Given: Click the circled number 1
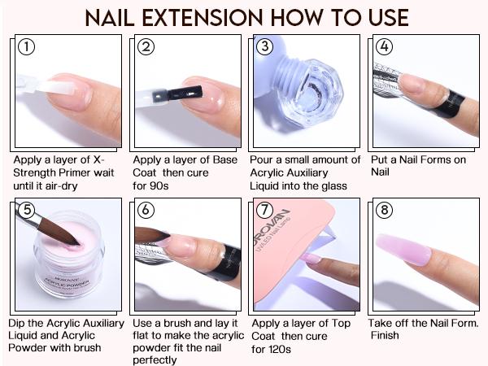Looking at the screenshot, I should pyautogui.click(x=29, y=47).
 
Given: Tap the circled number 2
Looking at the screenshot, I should pyautogui.click(x=146, y=47).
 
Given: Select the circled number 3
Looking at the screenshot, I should pyautogui.click(x=264, y=47).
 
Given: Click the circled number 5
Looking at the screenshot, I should pyautogui.click(x=29, y=211).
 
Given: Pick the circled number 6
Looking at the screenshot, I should pyautogui.click(x=146, y=211).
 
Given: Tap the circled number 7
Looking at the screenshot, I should pyautogui.click(x=264, y=211).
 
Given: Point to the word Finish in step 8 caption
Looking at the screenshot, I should pyautogui.click(x=385, y=335).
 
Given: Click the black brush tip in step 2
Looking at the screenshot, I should pyautogui.click(x=174, y=92).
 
